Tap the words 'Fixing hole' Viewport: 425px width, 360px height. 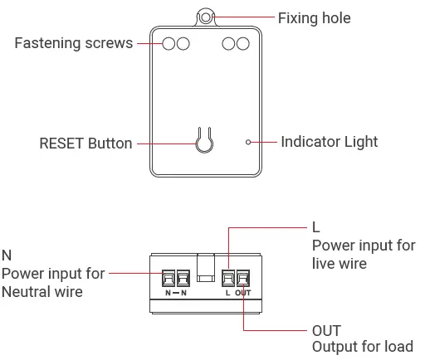pyautogui.click(x=314, y=17)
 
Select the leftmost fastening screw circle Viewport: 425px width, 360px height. pyautogui.click(x=169, y=43)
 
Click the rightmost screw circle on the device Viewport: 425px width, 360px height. pyautogui.click(x=242, y=43)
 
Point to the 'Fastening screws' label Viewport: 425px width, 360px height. pyautogui.click(x=73, y=42)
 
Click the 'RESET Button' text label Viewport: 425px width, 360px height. pyautogui.click(x=85, y=144)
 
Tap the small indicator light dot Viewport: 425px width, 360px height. pyautogui.click(x=248, y=143)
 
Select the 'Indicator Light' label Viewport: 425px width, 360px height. pyautogui.click(x=329, y=142)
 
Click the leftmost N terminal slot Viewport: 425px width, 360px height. pyautogui.click(x=168, y=278)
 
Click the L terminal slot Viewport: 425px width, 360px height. pyautogui.click(x=228, y=278)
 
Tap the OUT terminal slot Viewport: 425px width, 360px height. pyautogui.click(x=242, y=278)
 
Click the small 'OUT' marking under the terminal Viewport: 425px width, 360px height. pyautogui.click(x=242, y=293)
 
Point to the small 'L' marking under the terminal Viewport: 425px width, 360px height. pyautogui.click(x=228, y=293)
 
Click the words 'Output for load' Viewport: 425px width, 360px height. pyautogui.click(x=362, y=347)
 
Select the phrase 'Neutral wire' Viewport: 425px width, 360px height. pyautogui.click(x=42, y=292)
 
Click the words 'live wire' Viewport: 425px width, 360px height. pyautogui.click(x=339, y=264)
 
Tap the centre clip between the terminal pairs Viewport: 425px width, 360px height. pyautogui.click(x=205, y=267)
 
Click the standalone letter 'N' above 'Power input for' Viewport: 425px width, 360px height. pyautogui.click(x=7, y=255)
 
